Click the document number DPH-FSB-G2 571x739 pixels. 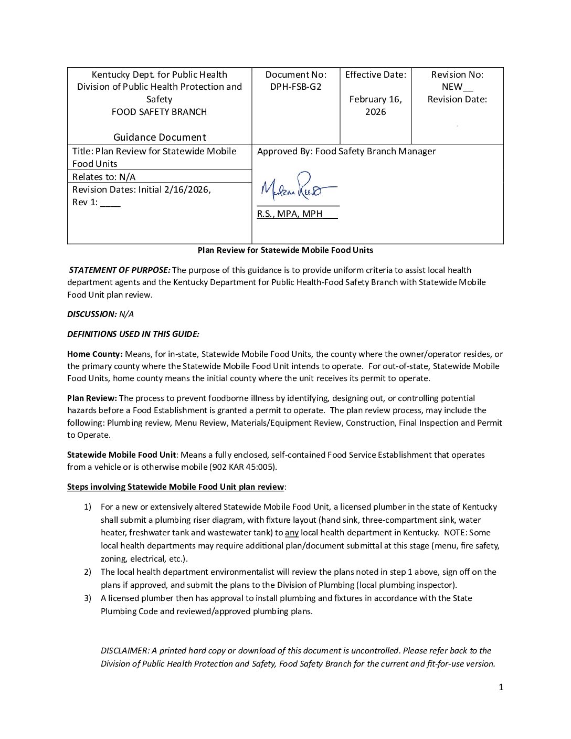tap(295, 87)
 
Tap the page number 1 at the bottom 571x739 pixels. tap(501, 688)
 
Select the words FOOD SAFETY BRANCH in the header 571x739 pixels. tap(159, 112)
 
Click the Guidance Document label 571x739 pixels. tap(160, 138)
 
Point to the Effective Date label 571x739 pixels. tap(375, 75)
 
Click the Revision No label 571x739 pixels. tap(457, 75)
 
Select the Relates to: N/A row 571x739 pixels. tap(104, 177)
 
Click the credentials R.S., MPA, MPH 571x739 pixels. tap(289, 214)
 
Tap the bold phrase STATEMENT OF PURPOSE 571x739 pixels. tap(120, 270)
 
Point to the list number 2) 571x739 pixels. tap(88, 572)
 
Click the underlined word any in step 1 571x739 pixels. tap(291, 533)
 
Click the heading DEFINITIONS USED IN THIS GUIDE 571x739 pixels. tap(133, 334)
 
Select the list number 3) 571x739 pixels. tap(88, 598)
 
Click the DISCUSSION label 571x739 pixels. tap(91, 314)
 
